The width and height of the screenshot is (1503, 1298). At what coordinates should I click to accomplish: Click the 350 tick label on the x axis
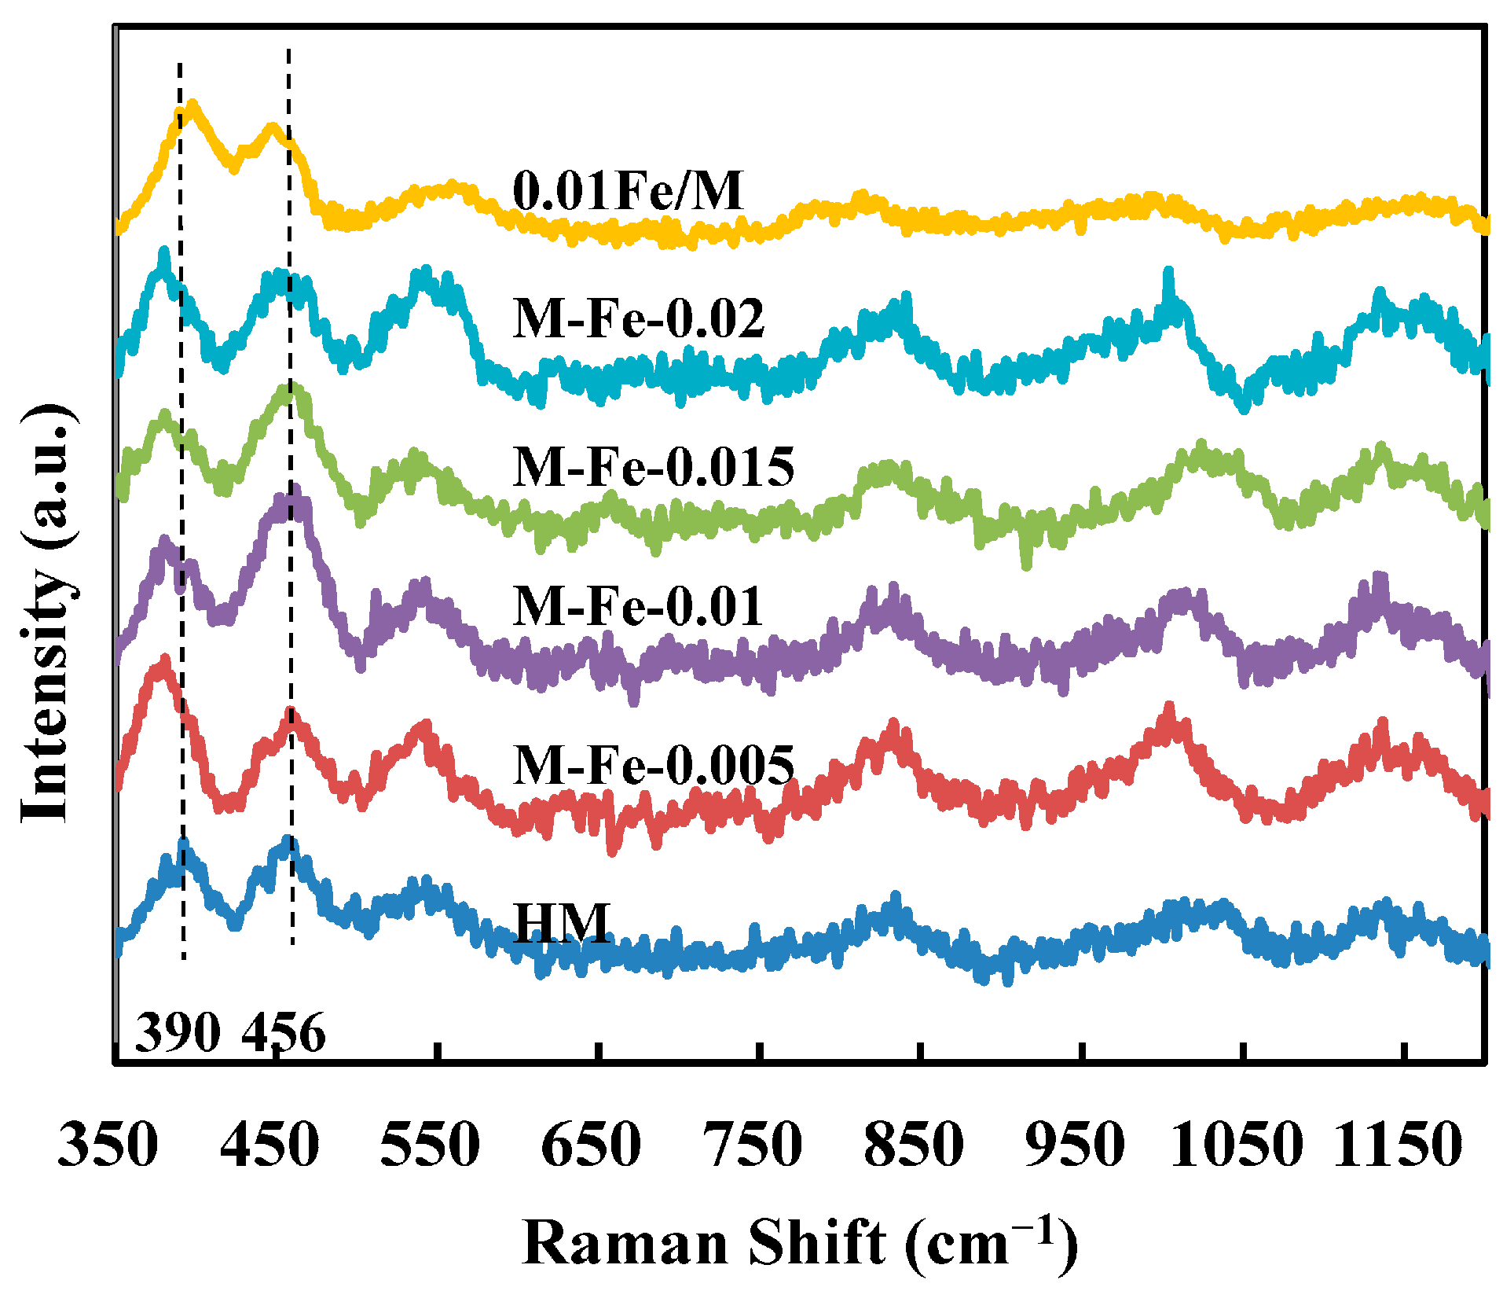click(108, 1145)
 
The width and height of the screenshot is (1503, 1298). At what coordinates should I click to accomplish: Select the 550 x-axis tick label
click(430, 1145)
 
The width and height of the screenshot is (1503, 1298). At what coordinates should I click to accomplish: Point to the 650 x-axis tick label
click(591, 1145)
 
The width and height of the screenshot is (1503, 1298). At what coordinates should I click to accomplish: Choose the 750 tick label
click(753, 1145)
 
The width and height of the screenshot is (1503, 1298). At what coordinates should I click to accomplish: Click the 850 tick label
click(914, 1145)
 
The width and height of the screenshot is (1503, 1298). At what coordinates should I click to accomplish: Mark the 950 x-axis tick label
click(1075, 1145)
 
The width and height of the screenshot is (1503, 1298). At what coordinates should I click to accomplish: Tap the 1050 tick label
click(1236, 1145)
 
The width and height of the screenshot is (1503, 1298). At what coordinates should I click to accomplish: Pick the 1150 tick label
click(1398, 1145)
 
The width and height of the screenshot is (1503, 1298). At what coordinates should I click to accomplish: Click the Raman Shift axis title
click(799, 1242)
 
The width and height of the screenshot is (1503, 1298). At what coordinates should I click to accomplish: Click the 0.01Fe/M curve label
click(627, 191)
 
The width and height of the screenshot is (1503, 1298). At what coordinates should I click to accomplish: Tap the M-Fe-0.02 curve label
click(638, 319)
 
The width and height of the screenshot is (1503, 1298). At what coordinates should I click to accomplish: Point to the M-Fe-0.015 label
click(654, 466)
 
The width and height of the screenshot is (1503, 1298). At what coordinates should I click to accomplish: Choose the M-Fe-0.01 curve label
click(638, 606)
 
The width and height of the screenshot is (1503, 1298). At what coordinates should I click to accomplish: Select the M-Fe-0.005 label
click(654, 764)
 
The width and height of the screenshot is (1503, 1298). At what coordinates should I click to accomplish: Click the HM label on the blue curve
click(563, 923)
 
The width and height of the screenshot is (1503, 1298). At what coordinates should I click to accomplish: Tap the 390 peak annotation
click(178, 1032)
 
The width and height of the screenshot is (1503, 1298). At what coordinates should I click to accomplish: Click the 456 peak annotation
click(284, 1032)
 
